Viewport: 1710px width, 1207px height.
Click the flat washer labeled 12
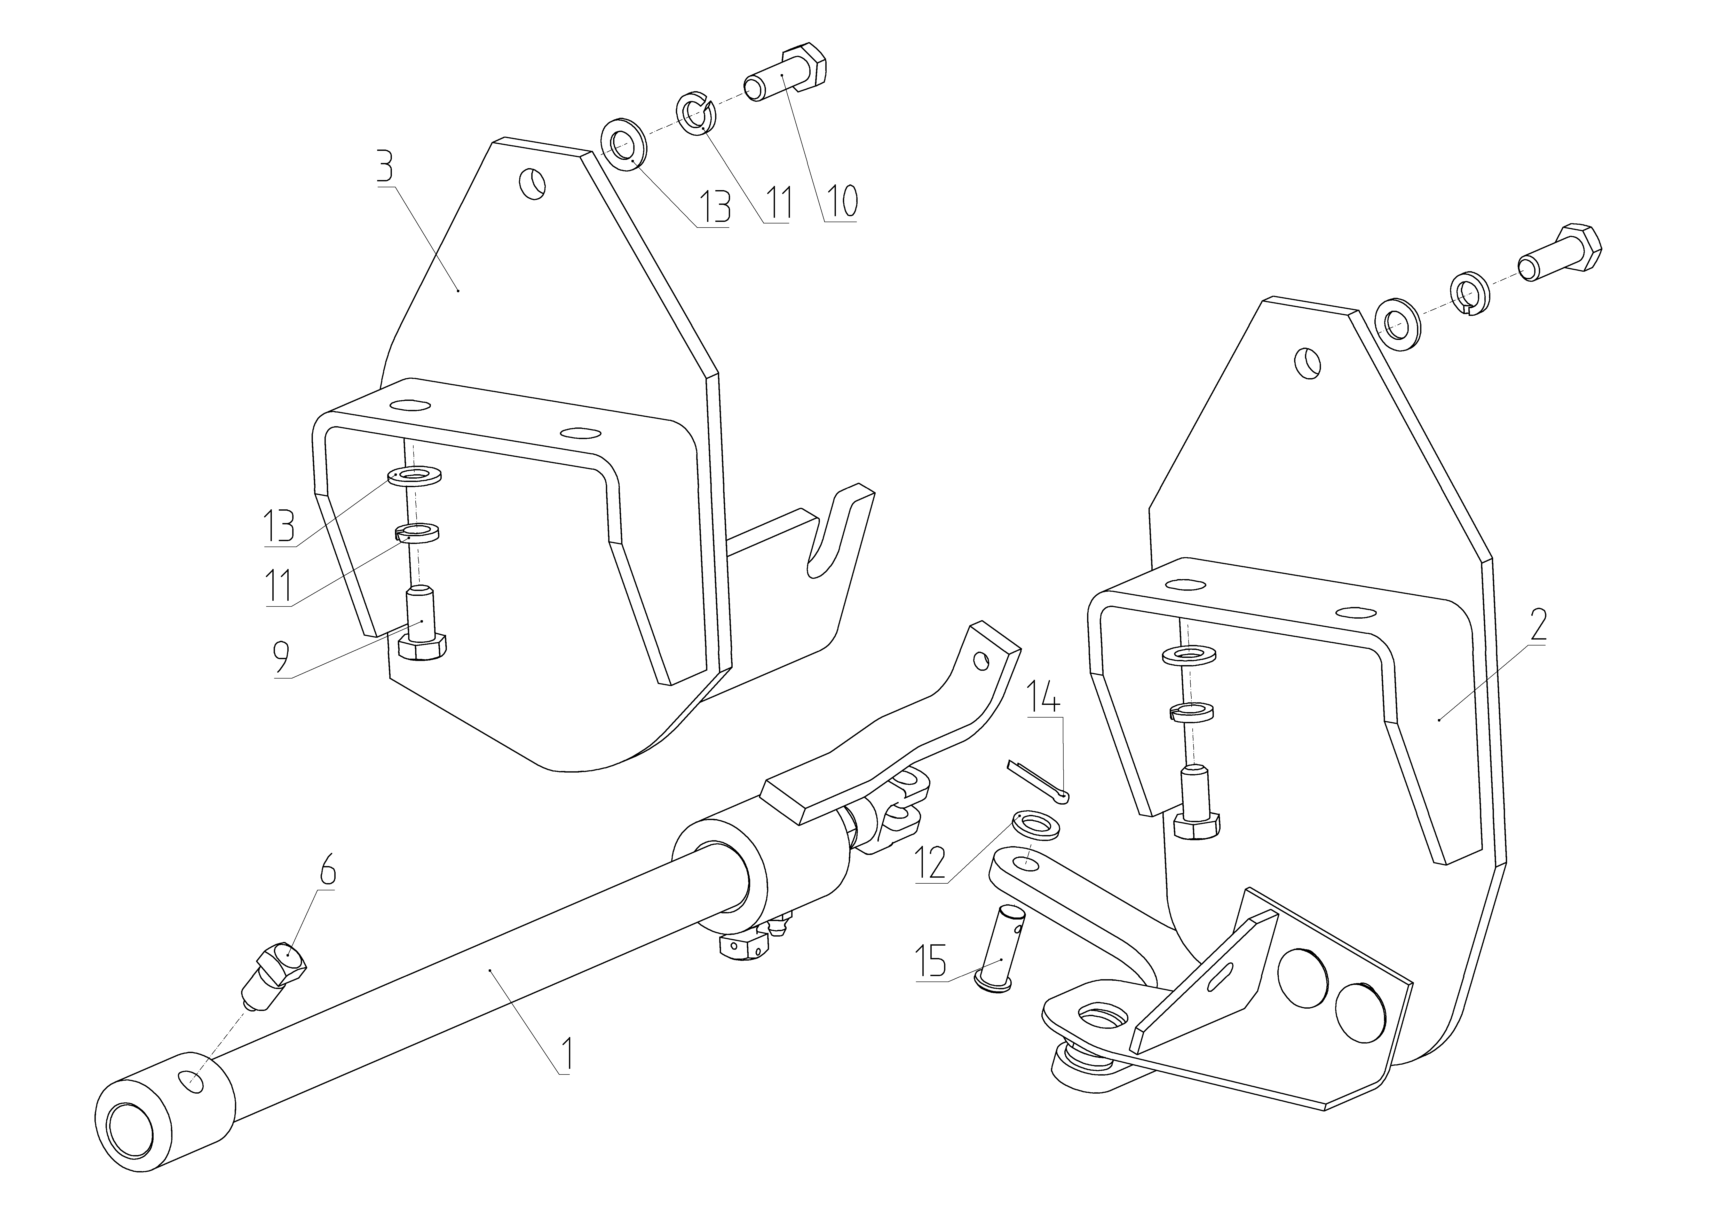1037,826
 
